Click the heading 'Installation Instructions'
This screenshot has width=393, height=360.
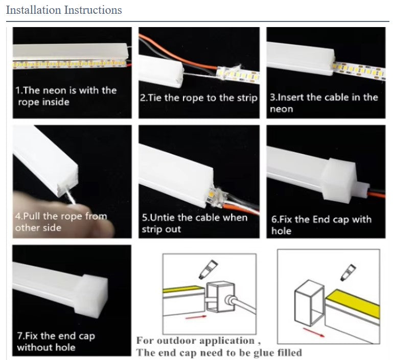click(64, 10)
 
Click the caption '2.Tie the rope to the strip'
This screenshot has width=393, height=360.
click(199, 98)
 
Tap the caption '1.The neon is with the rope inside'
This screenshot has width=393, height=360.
click(66, 96)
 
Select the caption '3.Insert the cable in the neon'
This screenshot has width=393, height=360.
click(324, 103)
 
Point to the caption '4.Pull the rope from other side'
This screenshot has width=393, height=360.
click(61, 222)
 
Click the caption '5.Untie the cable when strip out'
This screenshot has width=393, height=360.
click(195, 223)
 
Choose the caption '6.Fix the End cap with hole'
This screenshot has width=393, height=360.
click(321, 225)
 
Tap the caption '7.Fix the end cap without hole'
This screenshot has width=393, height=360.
click(56, 342)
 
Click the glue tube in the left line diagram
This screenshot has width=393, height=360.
click(208, 269)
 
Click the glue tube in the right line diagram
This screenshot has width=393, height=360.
click(348, 272)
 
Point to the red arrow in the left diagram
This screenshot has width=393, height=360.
click(196, 318)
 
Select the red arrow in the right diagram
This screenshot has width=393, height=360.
click(314, 332)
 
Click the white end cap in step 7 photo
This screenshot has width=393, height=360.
click(91, 296)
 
